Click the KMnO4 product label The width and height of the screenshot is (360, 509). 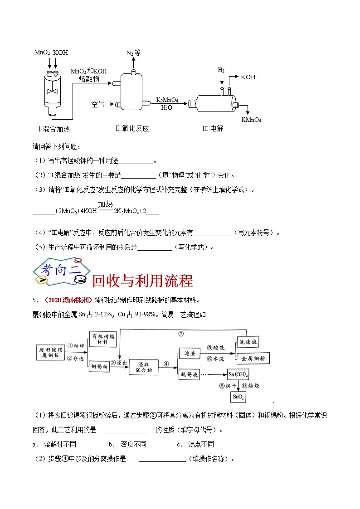tap(251, 120)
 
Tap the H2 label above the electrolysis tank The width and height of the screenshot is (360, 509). tap(221, 70)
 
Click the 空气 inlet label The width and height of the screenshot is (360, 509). tap(97, 105)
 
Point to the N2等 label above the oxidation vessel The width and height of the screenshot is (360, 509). tap(133, 53)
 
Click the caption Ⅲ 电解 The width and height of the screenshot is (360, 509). tap(212, 129)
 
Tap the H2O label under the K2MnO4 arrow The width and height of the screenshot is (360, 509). tap(167, 108)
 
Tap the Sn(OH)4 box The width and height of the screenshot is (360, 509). tap(239, 374)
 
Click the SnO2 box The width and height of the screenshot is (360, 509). tap(238, 397)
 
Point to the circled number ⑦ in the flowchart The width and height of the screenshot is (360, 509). tap(180, 334)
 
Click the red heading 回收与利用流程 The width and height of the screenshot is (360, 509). tap(142, 281)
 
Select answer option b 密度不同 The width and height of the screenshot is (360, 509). tap(127, 445)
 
